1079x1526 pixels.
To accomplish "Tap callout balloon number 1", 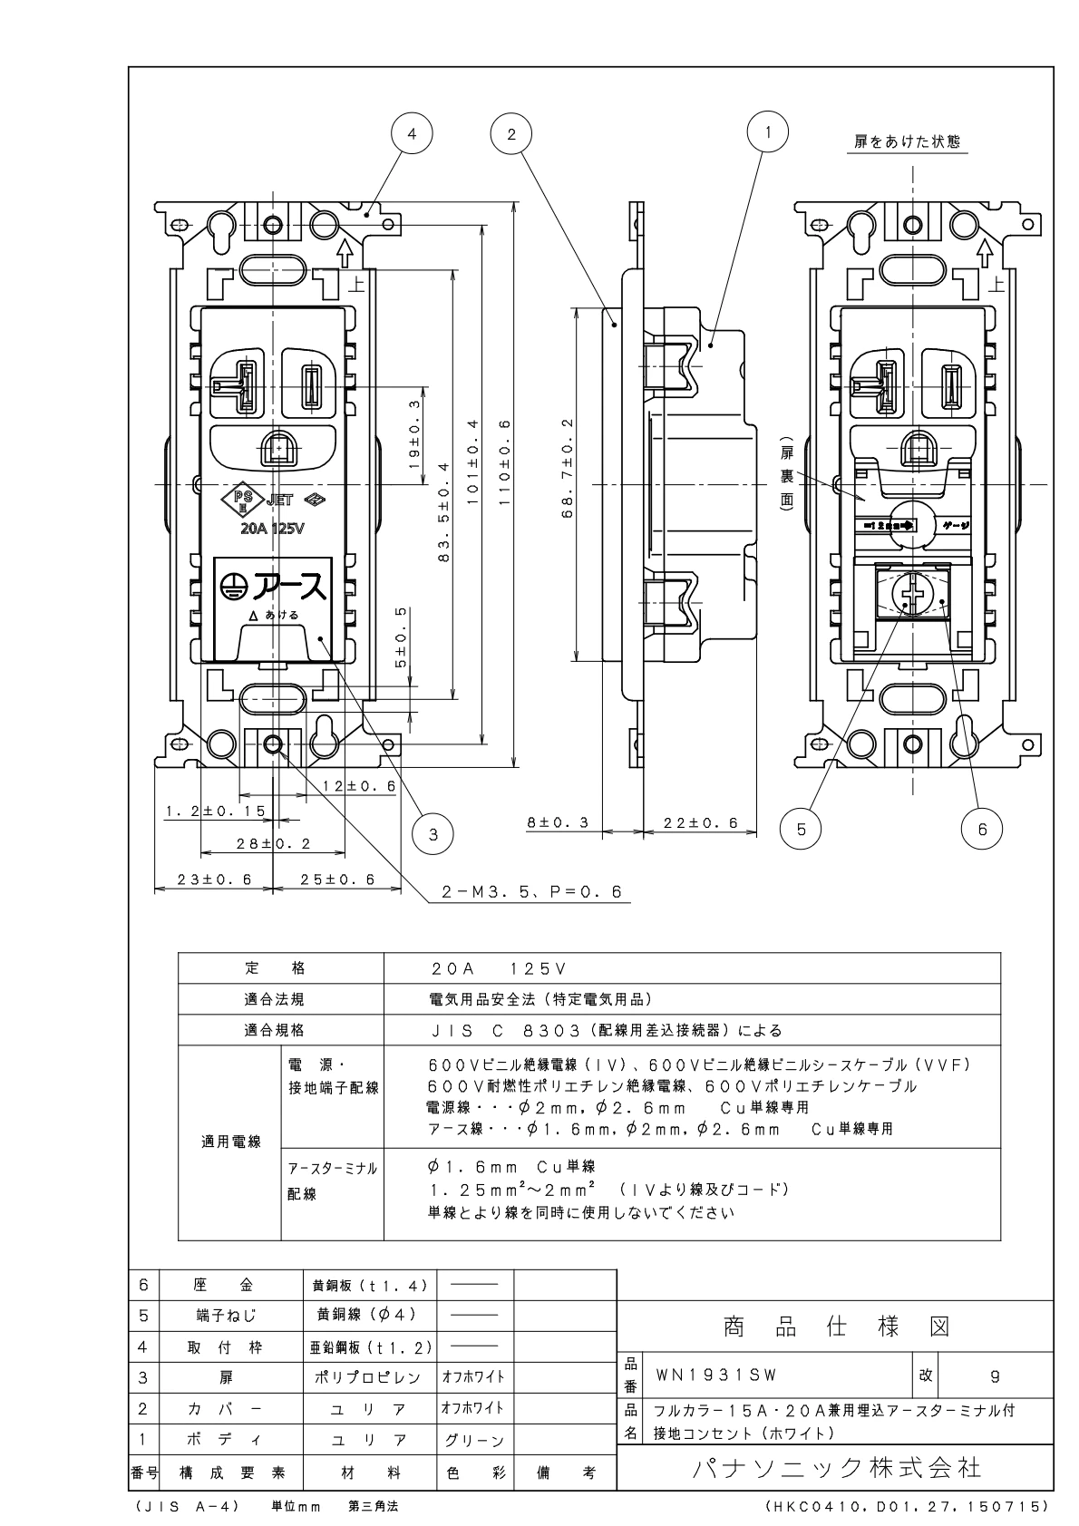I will point(767,131).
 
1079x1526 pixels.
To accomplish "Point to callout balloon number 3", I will point(433,833).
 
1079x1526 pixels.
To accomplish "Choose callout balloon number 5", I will point(801,827).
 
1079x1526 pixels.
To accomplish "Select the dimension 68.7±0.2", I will point(568,481).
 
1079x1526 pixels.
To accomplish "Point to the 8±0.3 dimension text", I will point(559,822).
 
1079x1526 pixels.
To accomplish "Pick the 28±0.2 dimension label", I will point(273,843).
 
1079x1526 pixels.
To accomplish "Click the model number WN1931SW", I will point(715,1375).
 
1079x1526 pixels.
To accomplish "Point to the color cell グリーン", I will point(474,1440).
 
